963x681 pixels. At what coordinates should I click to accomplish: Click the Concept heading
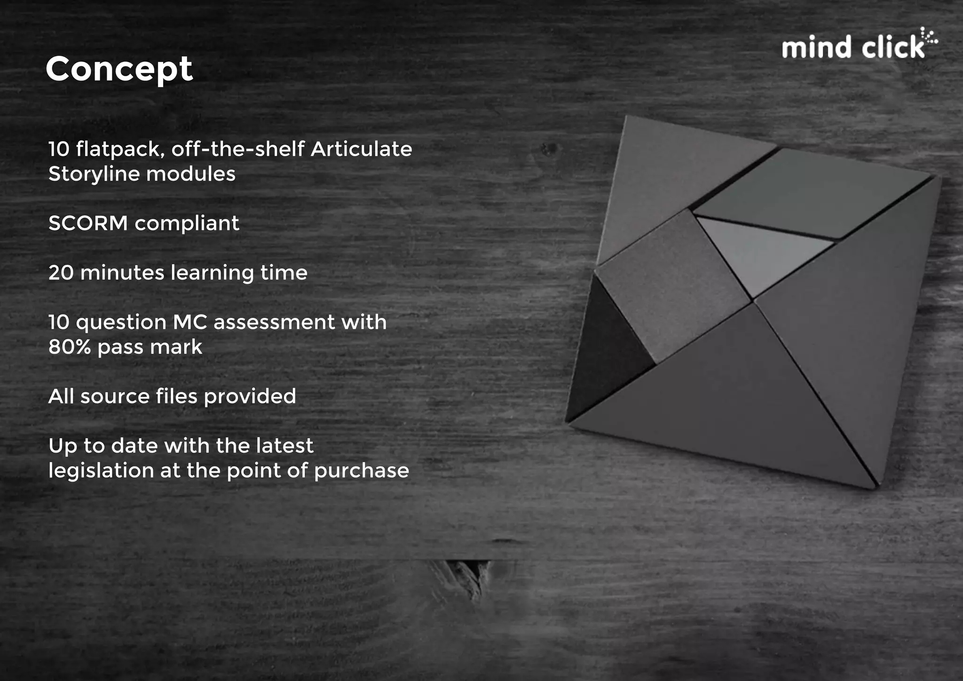coord(119,70)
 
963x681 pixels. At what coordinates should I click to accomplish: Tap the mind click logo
coord(858,46)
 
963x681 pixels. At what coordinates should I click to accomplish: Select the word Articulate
coord(361,149)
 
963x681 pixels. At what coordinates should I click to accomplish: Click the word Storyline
coord(94,174)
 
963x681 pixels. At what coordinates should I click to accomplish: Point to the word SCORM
coord(88,223)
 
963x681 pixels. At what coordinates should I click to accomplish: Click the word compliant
coord(187,224)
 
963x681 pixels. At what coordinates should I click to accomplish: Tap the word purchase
coord(362,471)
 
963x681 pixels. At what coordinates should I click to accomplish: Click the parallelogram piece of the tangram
coord(809,193)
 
